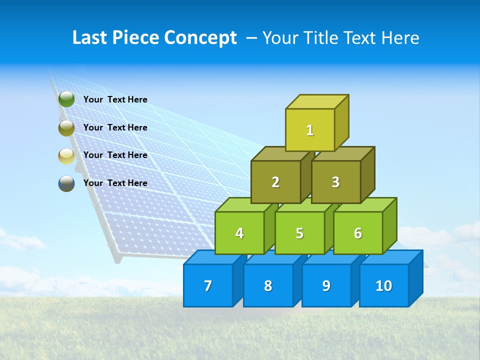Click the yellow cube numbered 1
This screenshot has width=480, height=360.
(x=310, y=130)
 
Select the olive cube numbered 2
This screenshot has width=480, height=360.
(x=275, y=182)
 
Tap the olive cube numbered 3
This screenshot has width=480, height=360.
(x=335, y=182)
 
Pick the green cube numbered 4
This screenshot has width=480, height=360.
(x=239, y=233)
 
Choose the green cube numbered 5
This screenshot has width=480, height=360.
(x=299, y=233)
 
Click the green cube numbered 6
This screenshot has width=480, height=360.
(x=358, y=233)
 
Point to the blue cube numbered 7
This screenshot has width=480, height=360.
(x=208, y=285)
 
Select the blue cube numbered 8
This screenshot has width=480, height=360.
(x=268, y=285)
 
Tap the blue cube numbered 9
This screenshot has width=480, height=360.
(x=326, y=285)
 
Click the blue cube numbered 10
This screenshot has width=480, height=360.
(x=384, y=285)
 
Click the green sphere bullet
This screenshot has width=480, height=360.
(x=66, y=99)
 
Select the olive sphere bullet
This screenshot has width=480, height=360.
(x=66, y=128)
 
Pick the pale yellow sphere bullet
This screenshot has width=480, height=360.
(x=66, y=156)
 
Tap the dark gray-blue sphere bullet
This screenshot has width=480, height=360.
(x=66, y=183)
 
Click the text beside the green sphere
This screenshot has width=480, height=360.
(x=115, y=99)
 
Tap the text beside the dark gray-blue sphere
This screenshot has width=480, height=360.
(x=115, y=183)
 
